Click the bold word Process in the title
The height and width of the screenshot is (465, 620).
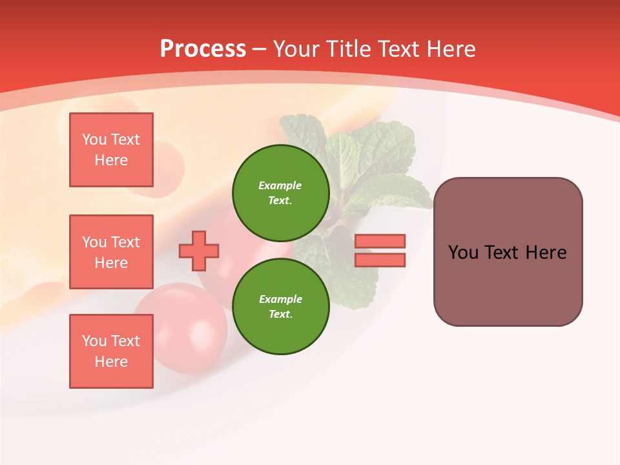click(x=203, y=49)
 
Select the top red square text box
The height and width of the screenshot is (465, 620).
click(x=111, y=150)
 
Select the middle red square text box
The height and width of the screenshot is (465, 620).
click(x=111, y=252)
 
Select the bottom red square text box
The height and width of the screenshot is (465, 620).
click(x=111, y=351)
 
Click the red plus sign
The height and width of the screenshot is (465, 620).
click(x=199, y=251)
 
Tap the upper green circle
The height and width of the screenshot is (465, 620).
click(x=281, y=192)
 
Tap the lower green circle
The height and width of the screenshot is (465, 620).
click(x=281, y=306)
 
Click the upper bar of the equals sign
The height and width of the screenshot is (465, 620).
click(x=380, y=241)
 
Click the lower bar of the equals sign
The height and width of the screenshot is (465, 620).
click(x=380, y=260)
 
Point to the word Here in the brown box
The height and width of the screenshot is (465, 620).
click(x=546, y=253)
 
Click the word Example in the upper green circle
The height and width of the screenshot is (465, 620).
click(x=280, y=185)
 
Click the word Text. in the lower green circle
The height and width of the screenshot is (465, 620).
click(x=280, y=315)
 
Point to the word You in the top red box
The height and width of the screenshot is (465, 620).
click(x=94, y=139)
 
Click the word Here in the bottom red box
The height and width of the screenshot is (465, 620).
click(x=111, y=362)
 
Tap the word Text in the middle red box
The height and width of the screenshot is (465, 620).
click(x=125, y=242)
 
